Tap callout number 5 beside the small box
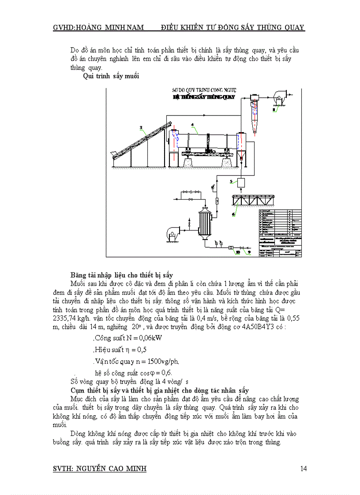[x=231, y=181]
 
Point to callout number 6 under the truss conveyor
[x=233, y=214]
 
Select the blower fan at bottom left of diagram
[x=172, y=233]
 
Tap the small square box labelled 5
[x=242, y=182]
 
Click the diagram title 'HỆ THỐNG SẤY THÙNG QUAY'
[x=204, y=96]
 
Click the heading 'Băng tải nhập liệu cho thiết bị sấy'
[x=121, y=275]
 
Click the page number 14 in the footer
[x=303, y=469]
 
